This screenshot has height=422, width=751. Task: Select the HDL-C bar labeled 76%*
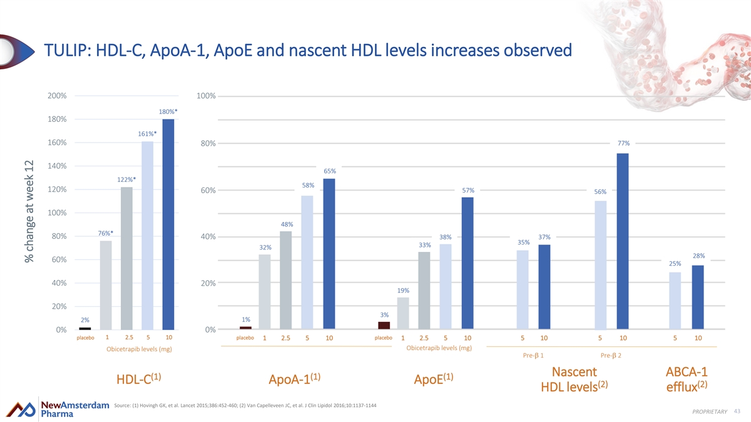click(106, 285)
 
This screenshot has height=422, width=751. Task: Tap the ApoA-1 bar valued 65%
click(329, 254)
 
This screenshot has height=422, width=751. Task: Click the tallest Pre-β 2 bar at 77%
click(622, 241)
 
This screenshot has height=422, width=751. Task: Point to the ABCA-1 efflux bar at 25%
click(675, 301)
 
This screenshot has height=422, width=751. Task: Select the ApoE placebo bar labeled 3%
click(384, 325)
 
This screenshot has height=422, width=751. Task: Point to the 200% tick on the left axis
click(57, 96)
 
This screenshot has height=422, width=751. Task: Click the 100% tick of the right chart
click(207, 96)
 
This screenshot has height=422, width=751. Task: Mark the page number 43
click(736, 409)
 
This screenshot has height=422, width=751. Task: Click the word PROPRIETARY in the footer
click(709, 411)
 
